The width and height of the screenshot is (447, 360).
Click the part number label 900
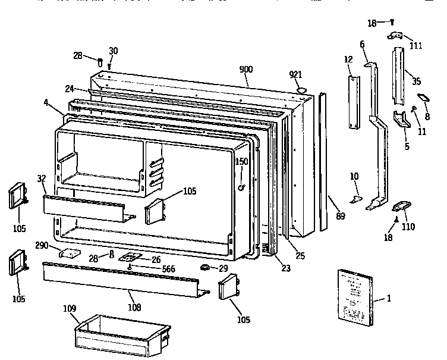(246, 70)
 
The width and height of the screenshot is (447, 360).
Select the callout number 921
(295, 74)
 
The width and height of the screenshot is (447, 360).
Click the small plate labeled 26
(131, 257)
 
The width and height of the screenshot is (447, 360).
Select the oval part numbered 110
(402, 206)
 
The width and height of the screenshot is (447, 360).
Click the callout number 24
(69, 89)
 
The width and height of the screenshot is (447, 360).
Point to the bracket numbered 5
(402, 121)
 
